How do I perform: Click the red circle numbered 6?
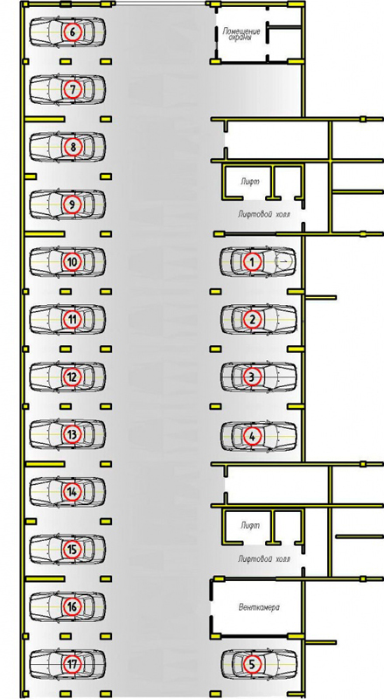(73, 31)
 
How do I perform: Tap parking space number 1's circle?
(252, 261)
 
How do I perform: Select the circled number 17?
(73, 664)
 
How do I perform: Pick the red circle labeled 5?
(252, 664)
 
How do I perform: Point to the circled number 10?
(73, 261)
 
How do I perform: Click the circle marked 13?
(73, 434)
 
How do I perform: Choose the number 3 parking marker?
(252, 377)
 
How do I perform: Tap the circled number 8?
(73, 147)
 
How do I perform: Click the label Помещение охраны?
(241, 34)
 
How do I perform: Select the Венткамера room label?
(260, 607)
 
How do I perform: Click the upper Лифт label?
(250, 182)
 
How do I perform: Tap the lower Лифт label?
(250, 526)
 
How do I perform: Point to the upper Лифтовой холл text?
(264, 214)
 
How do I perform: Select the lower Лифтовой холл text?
(264, 558)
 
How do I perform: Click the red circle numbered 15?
(73, 550)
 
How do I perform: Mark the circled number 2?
(252, 319)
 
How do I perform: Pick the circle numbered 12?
(73, 377)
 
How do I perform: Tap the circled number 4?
(252, 435)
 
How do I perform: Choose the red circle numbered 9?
(73, 204)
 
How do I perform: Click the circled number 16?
(73, 606)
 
